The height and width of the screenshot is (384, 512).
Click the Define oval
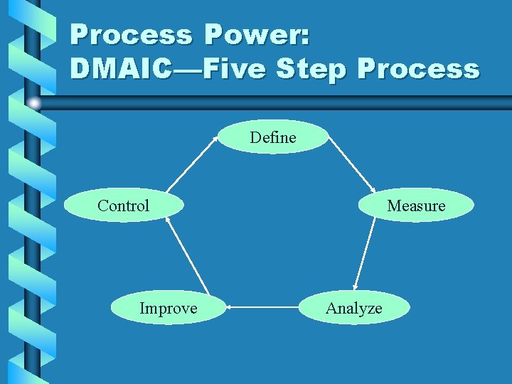point(273,137)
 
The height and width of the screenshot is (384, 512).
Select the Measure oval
point(416,206)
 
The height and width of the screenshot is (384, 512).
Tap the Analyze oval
point(353,308)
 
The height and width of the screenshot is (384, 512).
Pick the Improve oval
point(169,308)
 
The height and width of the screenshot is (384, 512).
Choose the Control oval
point(123,206)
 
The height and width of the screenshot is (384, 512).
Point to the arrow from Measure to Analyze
point(365,253)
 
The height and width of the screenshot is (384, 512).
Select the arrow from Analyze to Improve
point(262,308)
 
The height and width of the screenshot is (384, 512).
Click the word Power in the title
point(256,35)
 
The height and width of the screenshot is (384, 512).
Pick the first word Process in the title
point(131,35)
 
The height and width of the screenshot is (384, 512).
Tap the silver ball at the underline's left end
point(35,104)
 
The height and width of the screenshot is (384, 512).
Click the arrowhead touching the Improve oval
point(231,308)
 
